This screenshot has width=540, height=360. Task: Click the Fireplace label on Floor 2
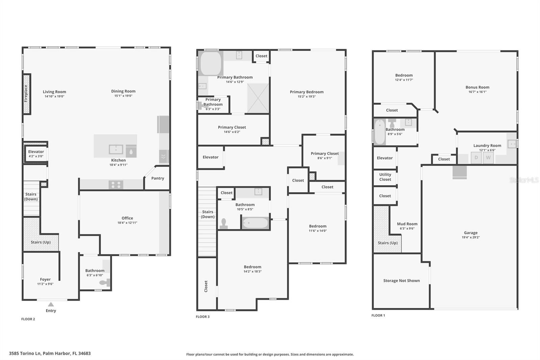click(26, 94)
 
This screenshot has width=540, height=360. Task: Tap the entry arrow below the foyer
click(51, 304)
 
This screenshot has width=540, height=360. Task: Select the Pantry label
click(158, 178)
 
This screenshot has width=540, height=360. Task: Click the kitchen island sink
click(116, 149)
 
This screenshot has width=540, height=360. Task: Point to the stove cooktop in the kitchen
click(116, 185)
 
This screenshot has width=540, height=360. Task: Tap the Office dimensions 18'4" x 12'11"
click(127, 223)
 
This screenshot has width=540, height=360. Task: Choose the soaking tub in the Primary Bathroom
click(211, 63)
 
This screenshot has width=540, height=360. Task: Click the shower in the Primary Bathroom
click(258, 98)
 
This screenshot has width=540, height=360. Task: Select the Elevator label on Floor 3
click(211, 157)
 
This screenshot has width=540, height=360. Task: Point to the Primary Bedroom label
click(307, 92)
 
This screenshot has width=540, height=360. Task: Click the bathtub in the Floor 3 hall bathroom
click(255, 223)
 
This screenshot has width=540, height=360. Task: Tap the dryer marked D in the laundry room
click(476, 158)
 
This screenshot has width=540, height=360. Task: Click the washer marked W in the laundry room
click(488, 158)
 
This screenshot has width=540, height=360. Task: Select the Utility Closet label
click(385, 177)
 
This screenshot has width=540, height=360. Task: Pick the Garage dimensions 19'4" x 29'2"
click(471, 237)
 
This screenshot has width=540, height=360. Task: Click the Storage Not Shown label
click(401, 281)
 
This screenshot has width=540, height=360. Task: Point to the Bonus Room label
click(477, 87)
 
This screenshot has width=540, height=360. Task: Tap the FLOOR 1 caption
click(378, 315)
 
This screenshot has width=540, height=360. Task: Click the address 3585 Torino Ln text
click(25, 353)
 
